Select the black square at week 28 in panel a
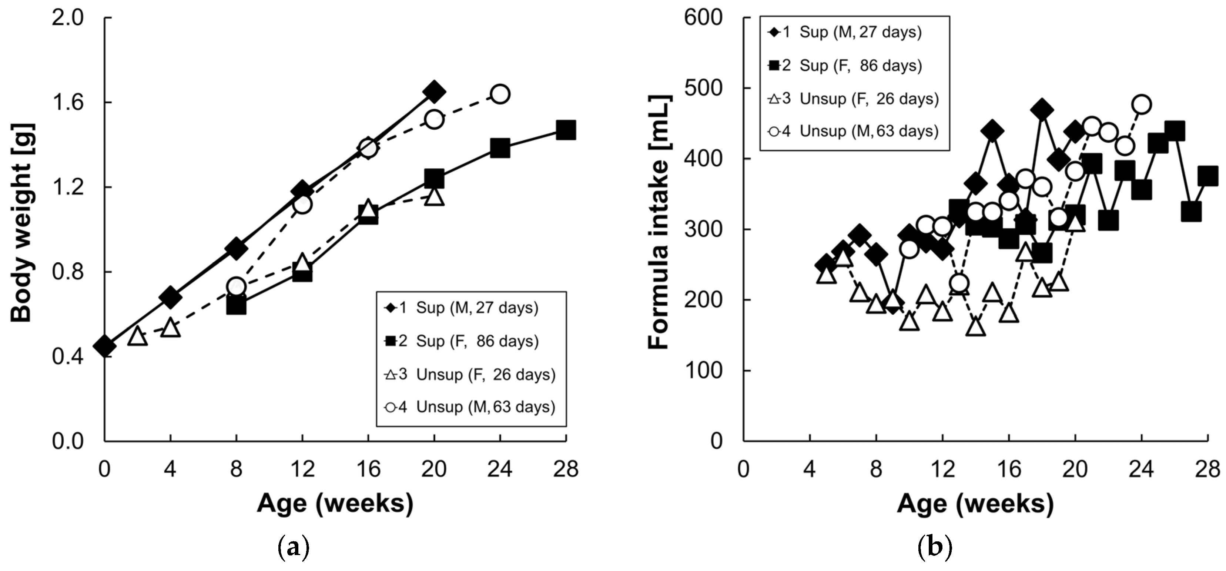point(565,130)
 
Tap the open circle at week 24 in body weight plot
point(500,94)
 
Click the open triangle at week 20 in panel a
point(434,196)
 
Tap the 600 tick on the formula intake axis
point(703,18)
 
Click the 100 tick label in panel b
point(703,371)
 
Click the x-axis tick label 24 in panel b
point(1141,469)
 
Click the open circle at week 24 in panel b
point(1141,104)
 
